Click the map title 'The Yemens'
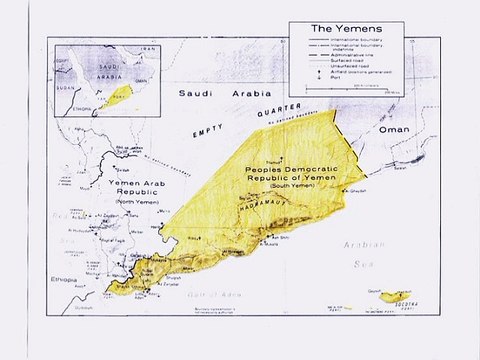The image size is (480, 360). click(346, 29)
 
